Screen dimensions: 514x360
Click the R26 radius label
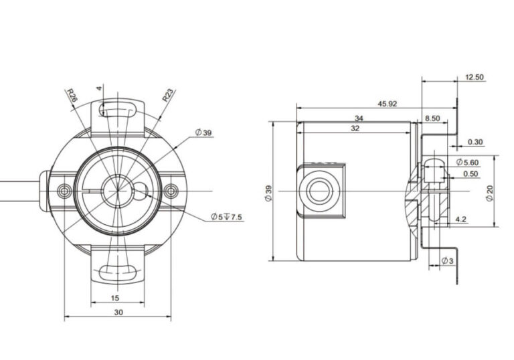72,96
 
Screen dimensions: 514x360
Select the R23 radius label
169,95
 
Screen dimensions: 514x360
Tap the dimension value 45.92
387,104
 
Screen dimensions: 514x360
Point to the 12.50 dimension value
475,78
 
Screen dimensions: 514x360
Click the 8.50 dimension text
432,118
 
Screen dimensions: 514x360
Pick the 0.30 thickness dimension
475,142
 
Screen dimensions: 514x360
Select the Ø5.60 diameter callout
467,162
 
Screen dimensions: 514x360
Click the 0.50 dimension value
470,174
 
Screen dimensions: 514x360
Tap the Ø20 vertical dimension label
489,193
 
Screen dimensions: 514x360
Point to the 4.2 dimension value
460,219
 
